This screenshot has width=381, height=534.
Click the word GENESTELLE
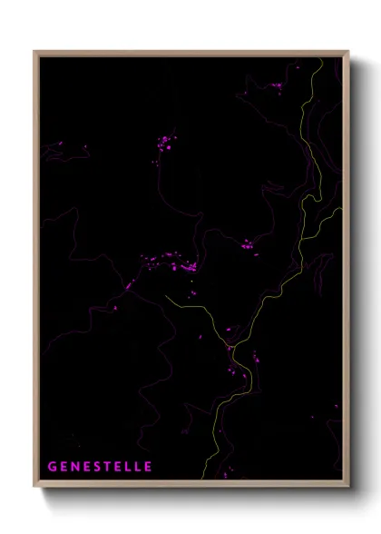pos(100,467)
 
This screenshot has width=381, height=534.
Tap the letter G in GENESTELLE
pos(52,467)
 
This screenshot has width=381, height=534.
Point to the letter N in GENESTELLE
pos(75,467)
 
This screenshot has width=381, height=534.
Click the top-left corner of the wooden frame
pos(34,52)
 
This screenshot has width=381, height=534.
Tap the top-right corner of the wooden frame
pos(348,52)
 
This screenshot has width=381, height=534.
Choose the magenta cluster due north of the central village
pos(166,143)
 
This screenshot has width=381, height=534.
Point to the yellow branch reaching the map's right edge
pos(340,209)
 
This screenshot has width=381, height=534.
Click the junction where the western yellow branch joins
pos(231,346)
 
